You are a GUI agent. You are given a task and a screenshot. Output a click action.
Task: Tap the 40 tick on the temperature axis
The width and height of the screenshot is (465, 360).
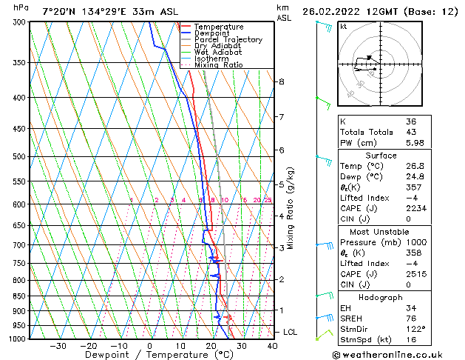[x=272, y=346]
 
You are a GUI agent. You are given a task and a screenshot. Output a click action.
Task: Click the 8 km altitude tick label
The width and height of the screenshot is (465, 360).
[x=282, y=81]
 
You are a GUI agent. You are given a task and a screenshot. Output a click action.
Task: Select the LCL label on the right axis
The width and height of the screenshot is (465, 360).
[x=291, y=333]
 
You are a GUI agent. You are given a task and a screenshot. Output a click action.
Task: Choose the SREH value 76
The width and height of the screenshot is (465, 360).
[x=411, y=318]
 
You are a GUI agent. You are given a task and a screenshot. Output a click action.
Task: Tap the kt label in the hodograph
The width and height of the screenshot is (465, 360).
[x=344, y=27]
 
